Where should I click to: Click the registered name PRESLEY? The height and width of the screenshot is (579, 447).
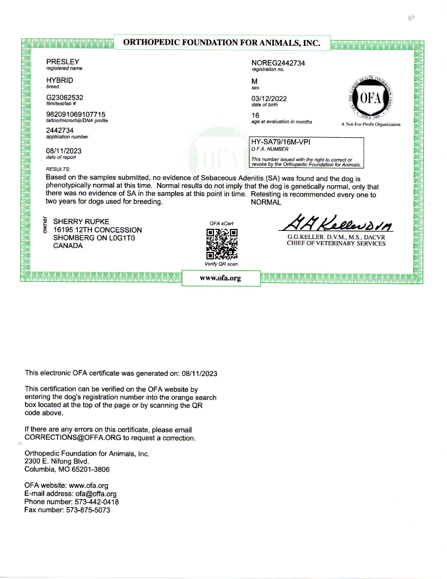[x=63, y=62]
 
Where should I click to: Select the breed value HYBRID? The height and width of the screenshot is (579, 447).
[x=60, y=80]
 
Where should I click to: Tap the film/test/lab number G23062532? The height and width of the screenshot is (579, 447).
[x=65, y=98]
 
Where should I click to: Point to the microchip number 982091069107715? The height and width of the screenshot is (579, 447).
[x=76, y=114]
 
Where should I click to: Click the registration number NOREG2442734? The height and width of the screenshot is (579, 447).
[x=278, y=63]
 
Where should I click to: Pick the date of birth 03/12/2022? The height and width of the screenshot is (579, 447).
[x=269, y=99]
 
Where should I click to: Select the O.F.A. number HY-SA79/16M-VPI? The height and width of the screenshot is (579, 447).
[x=281, y=142]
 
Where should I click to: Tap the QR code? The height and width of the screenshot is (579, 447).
[x=222, y=244]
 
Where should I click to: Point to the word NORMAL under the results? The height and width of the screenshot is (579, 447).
[x=266, y=202]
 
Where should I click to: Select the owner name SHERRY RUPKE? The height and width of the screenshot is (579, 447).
[x=81, y=222]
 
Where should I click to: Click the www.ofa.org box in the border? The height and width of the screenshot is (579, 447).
[x=221, y=278]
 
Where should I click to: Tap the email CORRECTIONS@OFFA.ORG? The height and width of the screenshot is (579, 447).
[x=73, y=438]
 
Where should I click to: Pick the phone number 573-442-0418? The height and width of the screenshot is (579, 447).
[x=97, y=502]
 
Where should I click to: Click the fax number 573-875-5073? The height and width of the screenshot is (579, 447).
[x=88, y=510]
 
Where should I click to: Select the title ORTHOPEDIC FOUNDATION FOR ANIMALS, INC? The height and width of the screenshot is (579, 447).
[x=222, y=42]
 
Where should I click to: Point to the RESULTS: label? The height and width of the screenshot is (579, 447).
[x=58, y=169]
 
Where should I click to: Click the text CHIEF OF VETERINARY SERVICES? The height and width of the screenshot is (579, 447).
[x=336, y=243]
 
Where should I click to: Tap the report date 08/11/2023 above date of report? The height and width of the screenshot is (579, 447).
[x=64, y=151]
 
